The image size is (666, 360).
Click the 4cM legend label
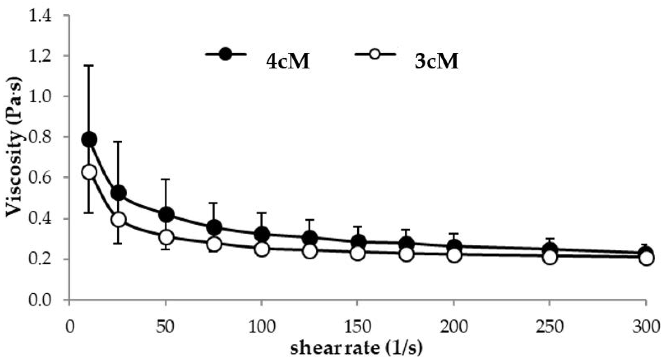point(287,62)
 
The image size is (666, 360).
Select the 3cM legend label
point(436,62)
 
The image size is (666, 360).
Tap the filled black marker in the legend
point(225,54)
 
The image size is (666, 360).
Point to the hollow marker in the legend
point(375,54)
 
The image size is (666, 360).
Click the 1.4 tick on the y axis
point(40,15)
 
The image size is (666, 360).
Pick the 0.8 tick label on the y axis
point(40,137)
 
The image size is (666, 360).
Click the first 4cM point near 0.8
point(89,139)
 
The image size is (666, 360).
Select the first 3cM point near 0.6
point(89,172)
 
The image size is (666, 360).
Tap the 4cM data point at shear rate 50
point(166,215)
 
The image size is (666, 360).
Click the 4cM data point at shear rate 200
point(454,246)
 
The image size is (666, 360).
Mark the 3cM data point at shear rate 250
point(550,257)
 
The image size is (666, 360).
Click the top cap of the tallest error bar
point(89,66)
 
